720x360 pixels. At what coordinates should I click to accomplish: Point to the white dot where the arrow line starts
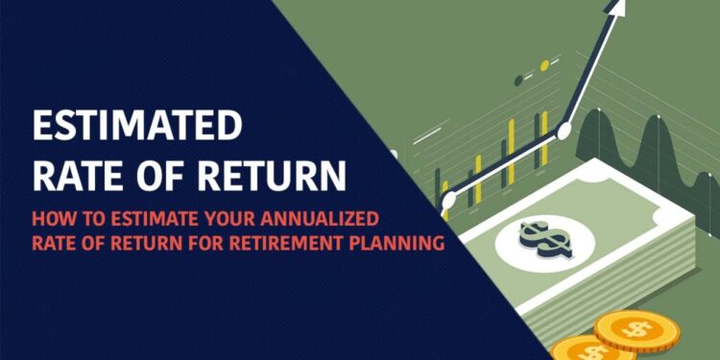pos(447,201)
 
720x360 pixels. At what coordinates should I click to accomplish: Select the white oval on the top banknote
pos(534,235)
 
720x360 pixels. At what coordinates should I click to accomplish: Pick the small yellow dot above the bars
pos(544,66)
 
